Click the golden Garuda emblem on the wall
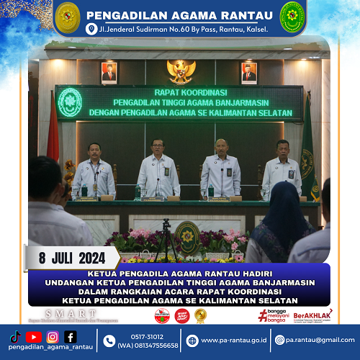(x=181, y=71)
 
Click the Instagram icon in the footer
(x=53, y=336)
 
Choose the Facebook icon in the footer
(x=71, y=336)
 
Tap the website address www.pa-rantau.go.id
(x=232, y=340)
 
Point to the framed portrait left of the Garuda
(x=109, y=72)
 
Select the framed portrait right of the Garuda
(x=248, y=72)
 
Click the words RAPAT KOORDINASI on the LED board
(x=179, y=91)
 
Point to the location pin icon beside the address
(x=91, y=29)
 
